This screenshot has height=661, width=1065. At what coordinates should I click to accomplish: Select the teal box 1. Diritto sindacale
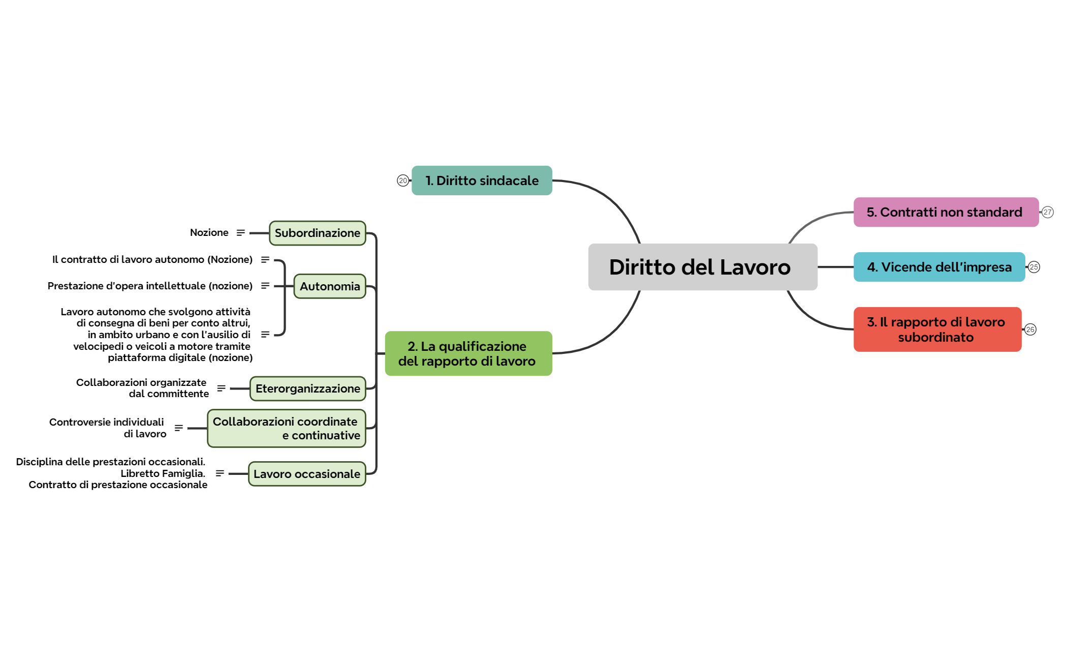tap(482, 181)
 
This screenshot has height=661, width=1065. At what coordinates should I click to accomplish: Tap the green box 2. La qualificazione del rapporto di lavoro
tap(468, 353)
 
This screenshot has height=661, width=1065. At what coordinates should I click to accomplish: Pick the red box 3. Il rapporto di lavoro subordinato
tap(937, 329)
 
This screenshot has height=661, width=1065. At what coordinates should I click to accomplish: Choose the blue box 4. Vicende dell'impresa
tap(938, 267)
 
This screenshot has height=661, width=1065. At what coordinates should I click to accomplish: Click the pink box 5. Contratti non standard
tap(945, 212)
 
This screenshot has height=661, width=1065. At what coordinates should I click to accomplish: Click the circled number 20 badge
tap(402, 181)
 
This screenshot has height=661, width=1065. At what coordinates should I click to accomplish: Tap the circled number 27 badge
tap(1047, 212)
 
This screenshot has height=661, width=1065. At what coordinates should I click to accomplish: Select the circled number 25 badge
tap(1033, 267)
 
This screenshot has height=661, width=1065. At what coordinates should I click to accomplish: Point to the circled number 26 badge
tap(1030, 329)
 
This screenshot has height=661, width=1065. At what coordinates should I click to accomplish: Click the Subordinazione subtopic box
tap(317, 233)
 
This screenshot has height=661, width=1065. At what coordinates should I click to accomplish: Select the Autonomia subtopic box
tap(330, 286)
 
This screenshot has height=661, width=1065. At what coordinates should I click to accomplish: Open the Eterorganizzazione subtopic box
tap(307, 388)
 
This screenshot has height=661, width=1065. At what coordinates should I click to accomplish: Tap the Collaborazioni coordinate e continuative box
tap(286, 428)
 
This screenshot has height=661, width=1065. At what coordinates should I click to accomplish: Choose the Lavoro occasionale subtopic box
tap(306, 474)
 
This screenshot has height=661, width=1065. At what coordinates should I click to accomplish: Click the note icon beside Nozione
tap(240, 232)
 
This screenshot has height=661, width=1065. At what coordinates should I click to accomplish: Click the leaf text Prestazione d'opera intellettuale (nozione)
tap(150, 286)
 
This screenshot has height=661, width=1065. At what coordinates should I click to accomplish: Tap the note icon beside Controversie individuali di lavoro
tap(178, 428)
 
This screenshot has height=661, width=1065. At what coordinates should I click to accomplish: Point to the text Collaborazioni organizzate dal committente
tap(142, 388)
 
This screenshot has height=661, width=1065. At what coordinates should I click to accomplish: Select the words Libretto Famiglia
tap(163, 473)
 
